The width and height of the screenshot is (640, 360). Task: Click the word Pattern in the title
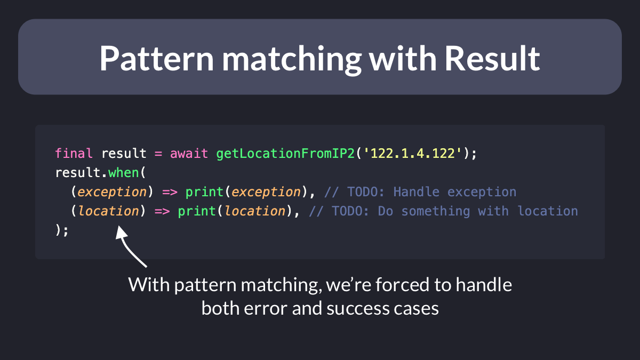pos(157,59)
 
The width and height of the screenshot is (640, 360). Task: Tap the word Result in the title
pos(492,59)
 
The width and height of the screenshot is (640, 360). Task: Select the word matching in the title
pos(292,60)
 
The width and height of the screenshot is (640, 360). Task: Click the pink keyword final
pos(74,153)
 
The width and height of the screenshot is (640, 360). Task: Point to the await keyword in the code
pos(189,154)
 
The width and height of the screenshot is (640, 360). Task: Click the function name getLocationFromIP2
pos(285,154)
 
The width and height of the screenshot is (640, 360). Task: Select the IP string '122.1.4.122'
pos(413,153)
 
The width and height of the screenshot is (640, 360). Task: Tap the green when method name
pos(123,173)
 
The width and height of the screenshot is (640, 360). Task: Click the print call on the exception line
pos(204,191)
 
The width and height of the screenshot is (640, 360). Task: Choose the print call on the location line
pos(197,211)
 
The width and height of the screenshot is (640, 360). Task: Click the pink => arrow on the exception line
pos(170,192)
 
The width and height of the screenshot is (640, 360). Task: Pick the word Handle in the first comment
pos(417,191)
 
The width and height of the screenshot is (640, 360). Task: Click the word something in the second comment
pos(435,211)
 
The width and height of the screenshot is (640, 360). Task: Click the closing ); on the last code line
pos(62,230)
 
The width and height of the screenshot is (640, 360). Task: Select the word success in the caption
pos(358,309)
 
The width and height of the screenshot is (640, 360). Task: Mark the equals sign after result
pos(158,154)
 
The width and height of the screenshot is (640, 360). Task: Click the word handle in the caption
pos(484,285)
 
